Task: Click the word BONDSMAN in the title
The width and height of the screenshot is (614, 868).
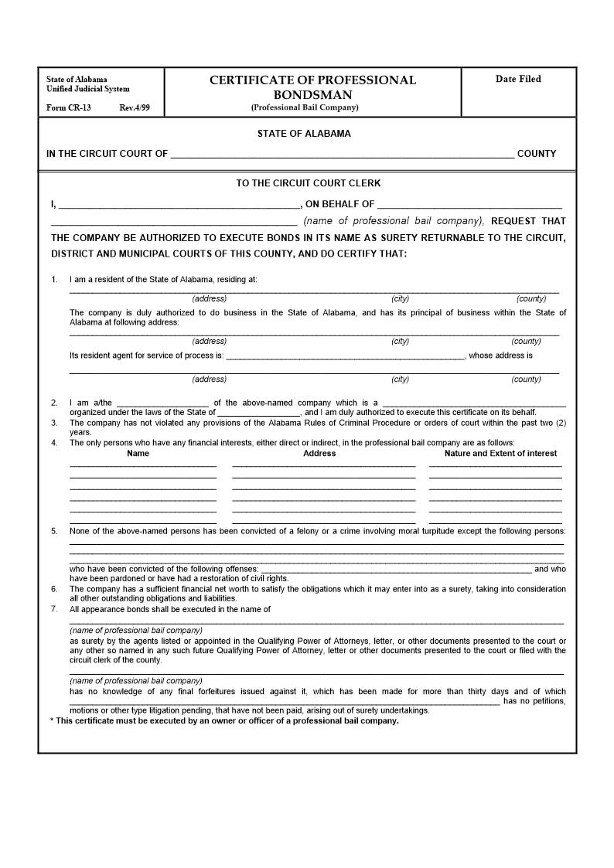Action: [312, 94]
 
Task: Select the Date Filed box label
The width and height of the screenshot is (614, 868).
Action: [518, 79]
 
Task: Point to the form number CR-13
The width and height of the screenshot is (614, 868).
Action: [68, 107]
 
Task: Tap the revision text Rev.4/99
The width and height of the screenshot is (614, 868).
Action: [135, 107]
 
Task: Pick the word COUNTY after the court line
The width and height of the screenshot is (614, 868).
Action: [537, 154]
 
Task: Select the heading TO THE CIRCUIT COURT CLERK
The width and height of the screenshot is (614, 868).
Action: [308, 184]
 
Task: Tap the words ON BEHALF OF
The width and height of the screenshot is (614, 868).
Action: [340, 205]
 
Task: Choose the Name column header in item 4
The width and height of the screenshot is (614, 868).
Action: [138, 454]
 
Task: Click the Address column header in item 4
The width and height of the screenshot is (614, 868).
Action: [319, 454]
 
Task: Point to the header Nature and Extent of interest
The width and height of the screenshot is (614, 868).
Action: [500, 454]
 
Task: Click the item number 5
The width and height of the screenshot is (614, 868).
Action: [54, 531]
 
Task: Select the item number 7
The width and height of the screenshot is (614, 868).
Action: [54, 609]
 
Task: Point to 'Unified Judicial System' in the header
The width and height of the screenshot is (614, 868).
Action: [88, 89]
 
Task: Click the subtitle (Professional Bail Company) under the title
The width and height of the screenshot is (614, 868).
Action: [305, 107]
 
